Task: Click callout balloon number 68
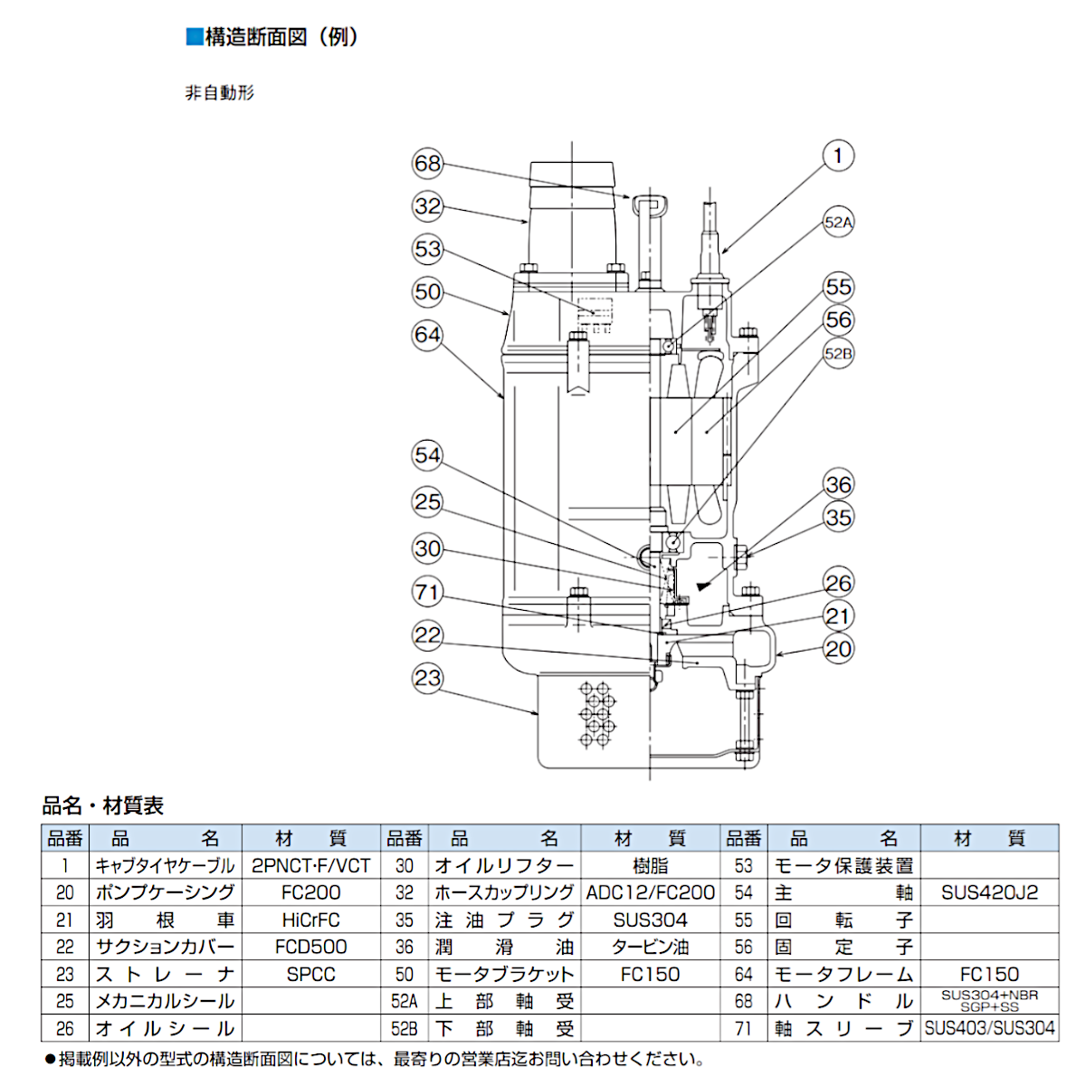point(427,164)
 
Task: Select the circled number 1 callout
point(838,156)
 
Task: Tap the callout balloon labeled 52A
point(838,223)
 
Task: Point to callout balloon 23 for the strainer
point(427,678)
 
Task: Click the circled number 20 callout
point(838,649)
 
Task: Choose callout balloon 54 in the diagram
point(427,455)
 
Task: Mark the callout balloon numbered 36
point(838,484)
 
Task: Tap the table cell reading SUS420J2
point(989,893)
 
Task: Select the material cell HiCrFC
point(310,920)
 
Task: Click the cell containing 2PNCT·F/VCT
point(310,866)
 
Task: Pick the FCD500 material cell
point(310,948)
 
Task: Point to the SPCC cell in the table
point(310,975)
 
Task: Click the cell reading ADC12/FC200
point(651,893)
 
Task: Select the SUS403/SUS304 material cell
point(989,1029)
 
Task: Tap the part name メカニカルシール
point(165,1002)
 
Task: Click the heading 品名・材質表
point(103,805)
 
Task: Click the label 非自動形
point(220,92)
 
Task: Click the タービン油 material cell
point(651,948)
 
